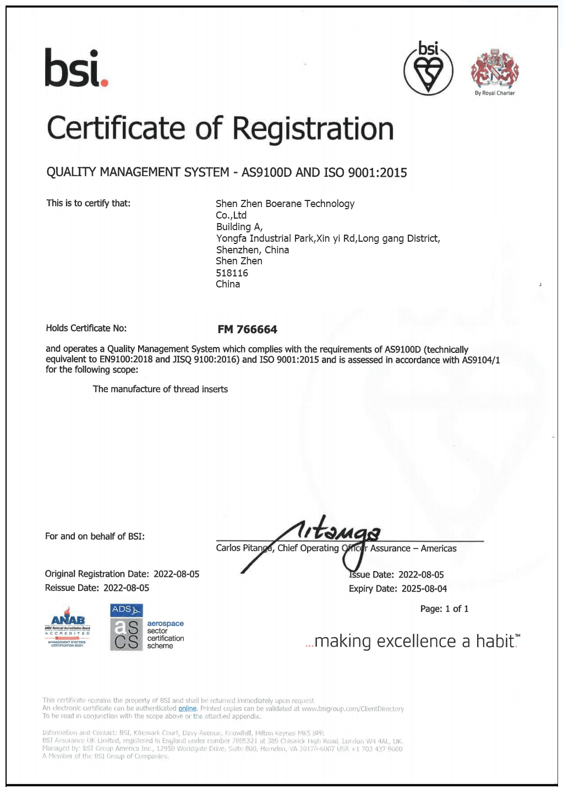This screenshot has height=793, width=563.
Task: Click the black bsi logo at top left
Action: click(x=76, y=68)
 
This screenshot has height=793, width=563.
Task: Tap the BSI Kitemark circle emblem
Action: click(x=428, y=69)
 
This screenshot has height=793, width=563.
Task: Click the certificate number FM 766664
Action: click(x=247, y=329)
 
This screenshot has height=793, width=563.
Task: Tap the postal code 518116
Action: click(x=232, y=273)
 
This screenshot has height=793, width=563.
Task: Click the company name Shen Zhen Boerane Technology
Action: click(x=285, y=204)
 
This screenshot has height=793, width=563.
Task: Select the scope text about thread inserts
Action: click(x=160, y=389)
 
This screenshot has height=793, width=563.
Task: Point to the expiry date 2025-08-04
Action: click(x=424, y=589)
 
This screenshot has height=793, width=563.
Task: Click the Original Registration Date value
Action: click(x=176, y=574)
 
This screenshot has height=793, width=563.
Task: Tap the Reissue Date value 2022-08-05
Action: click(x=126, y=588)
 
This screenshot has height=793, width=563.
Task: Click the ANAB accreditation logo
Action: click(x=68, y=627)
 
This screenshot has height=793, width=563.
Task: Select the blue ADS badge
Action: click(x=126, y=610)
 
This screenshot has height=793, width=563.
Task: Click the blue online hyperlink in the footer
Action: click(x=187, y=708)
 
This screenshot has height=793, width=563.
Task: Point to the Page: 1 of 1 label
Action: click(x=444, y=609)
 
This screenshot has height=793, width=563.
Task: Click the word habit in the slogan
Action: click(x=495, y=641)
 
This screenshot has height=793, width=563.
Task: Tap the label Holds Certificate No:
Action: click(x=86, y=328)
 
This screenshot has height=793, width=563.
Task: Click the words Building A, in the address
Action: click(x=239, y=227)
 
